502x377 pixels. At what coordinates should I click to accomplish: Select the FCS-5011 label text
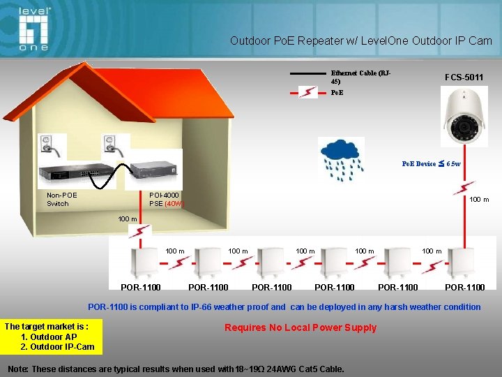coord(464,77)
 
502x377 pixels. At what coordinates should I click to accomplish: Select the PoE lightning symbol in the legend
coord(307,92)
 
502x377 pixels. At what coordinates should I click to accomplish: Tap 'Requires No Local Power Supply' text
coord(301,327)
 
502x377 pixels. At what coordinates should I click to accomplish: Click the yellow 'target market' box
coord(52,337)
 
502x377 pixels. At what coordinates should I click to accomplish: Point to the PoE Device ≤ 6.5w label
coord(431,163)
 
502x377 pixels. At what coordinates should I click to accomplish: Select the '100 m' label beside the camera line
coord(479,200)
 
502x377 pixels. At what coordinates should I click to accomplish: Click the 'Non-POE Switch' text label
coord(61,199)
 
